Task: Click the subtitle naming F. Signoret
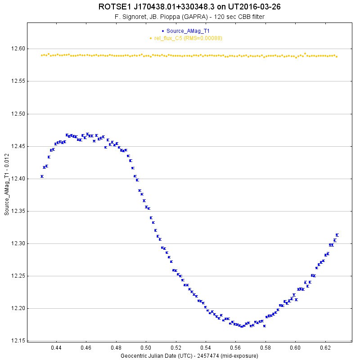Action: tap(189, 17)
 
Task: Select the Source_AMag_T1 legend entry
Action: tap(188, 31)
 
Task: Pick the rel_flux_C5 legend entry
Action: tap(188, 38)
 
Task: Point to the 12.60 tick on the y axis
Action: tap(17, 49)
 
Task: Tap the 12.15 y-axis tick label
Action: tap(17, 341)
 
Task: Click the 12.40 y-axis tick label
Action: tap(17, 179)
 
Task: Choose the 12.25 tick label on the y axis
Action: tap(17, 276)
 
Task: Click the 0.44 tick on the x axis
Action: tap(56, 348)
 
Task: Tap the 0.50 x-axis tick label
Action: tap(146, 348)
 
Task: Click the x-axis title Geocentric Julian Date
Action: tap(189, 355)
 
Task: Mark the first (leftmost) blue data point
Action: tap(42, 176)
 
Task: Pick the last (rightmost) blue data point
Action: tap(337, 235)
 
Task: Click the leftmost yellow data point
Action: tap(42, 55)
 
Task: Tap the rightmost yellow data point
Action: tap(337, 56)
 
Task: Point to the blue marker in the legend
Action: tap(163, 31)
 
